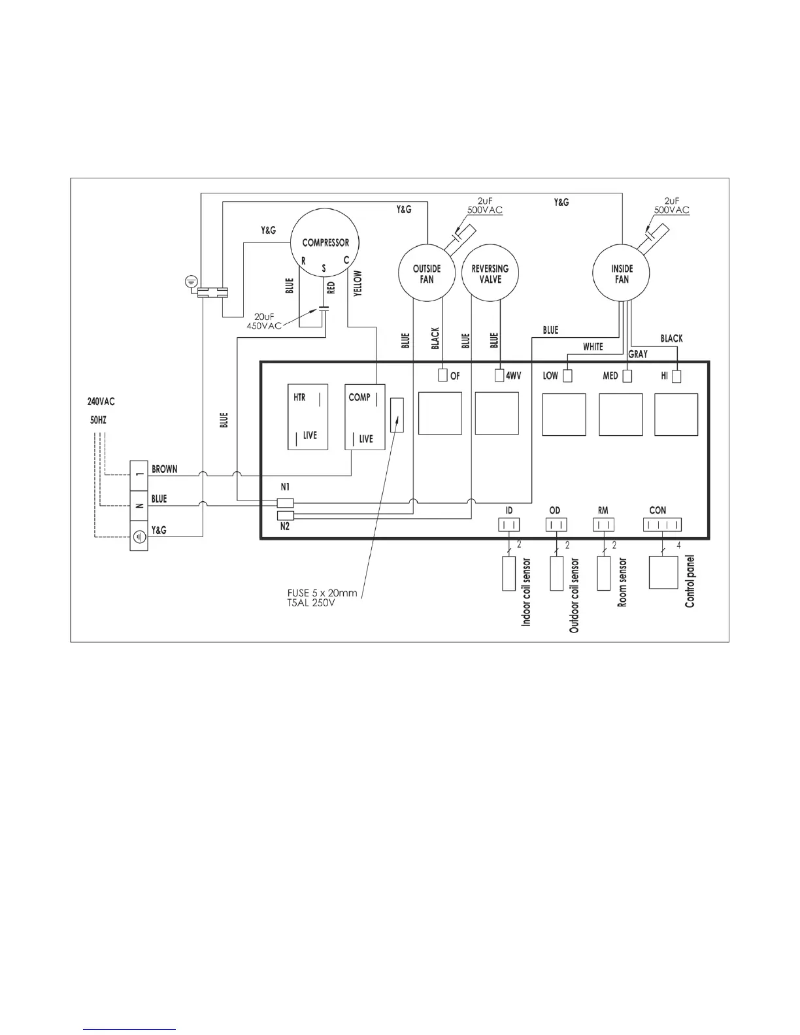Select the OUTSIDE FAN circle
tap(427, 273)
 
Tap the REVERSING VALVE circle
tap(490, 273)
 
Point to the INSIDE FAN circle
tap(621, 273)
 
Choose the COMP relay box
tap(365, 416)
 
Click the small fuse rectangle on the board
tap(397, 415)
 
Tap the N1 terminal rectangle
tap(286, 503)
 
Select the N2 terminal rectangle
tap(286, 516)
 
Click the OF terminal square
tap(442, 376)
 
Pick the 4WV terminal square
tap(500, 376)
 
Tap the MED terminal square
tap(627, 376)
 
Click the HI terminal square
tap(676, 376)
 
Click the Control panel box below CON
tap(663, 573)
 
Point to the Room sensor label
tap(622, 582)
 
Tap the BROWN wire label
tap(165, 469)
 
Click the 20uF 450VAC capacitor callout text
tap(264, 321)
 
